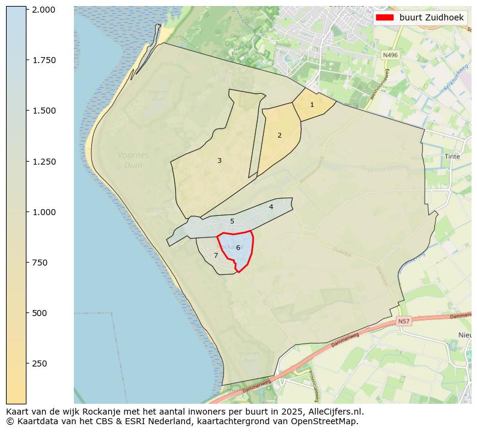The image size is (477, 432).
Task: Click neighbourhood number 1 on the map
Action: click(312, 105)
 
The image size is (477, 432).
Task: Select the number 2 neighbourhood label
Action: click(279, 135)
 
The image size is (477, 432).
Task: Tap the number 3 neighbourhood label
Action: click(219, 160)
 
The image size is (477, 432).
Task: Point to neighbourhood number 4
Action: click(271, 207)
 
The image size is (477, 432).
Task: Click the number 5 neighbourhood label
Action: click(232, 221)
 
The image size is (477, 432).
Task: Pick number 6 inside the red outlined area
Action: click(238, 248)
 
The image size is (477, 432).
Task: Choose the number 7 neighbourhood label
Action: click(216, 255)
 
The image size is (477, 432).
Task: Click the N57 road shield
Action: click(404, 321)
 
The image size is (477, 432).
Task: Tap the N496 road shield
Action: click(390, 55)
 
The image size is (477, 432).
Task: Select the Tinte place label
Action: click(452, 156)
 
